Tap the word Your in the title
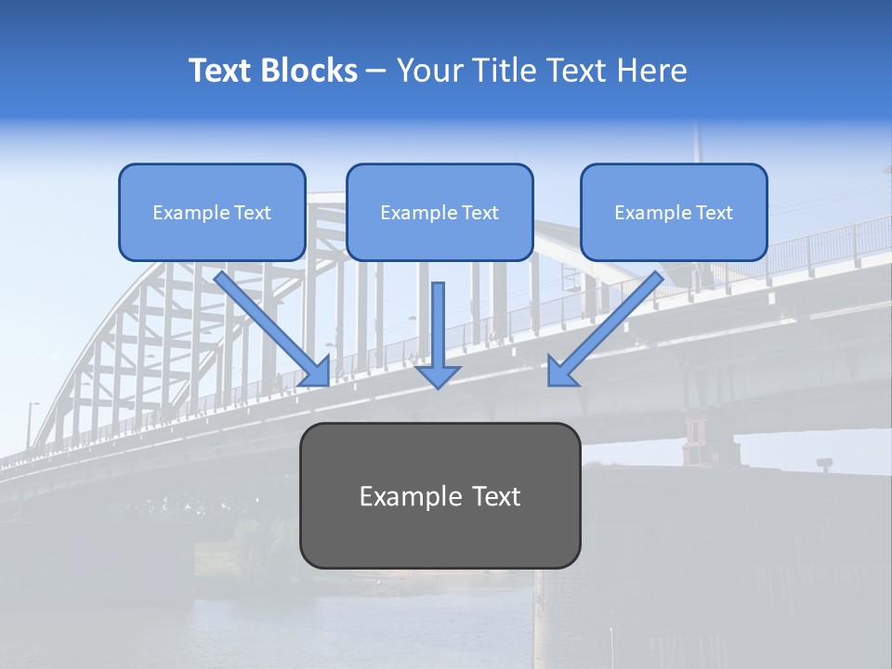pos(428,71)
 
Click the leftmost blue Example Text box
pos(212,212)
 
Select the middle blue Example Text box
pos(439,212)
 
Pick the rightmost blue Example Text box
pos(674,212)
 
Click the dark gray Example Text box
pos(439,495)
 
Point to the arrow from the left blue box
pos(269,325)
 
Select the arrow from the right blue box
pos(609,325)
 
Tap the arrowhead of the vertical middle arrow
pos(438,375)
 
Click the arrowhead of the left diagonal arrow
pos(316,371)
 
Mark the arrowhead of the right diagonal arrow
pos(561,371)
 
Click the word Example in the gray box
pos(402,496)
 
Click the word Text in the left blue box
pos(252,213)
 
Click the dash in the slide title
pos(376,71)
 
